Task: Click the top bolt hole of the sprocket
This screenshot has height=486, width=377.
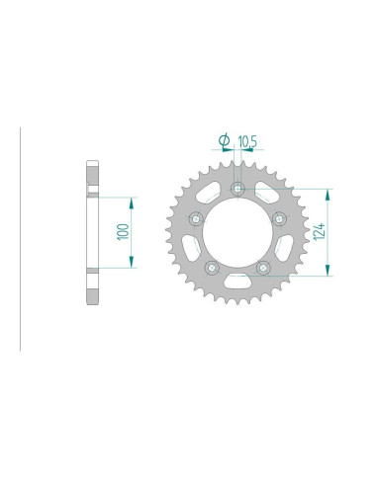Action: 237,189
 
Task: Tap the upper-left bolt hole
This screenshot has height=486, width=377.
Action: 196,218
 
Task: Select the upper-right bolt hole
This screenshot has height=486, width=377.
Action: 279,218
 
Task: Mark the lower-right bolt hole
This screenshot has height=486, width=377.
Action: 263,267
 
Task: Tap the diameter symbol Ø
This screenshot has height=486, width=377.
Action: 224,141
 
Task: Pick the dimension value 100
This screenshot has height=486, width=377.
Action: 121,230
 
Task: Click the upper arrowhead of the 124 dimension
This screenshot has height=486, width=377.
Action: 328,192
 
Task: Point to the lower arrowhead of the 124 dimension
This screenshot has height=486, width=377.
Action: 328,269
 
